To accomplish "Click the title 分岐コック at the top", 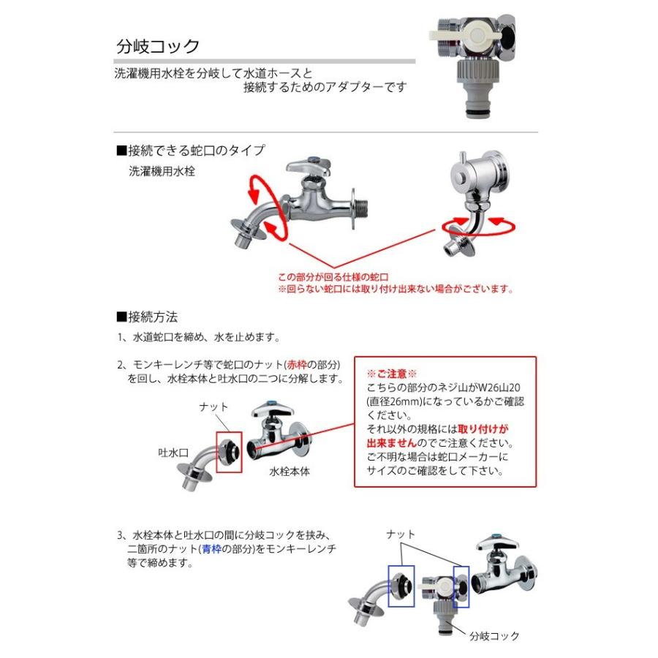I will point(158,47).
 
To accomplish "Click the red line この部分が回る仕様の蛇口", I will point(333,277).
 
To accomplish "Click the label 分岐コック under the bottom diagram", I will point(494,636).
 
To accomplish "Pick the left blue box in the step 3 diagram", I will point(401,586).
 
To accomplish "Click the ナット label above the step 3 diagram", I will point(401,536).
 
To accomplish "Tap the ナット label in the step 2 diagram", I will point(214,406).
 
